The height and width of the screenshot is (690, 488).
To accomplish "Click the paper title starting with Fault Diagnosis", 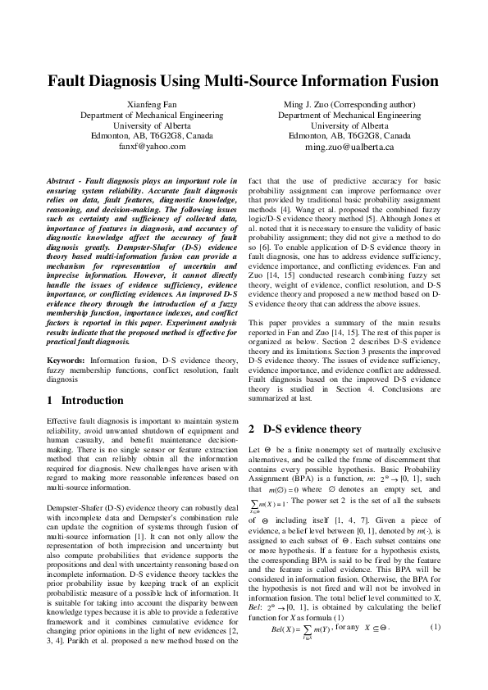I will tap(244, 82).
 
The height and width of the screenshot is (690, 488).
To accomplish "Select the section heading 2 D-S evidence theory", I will tap(304, 429).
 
